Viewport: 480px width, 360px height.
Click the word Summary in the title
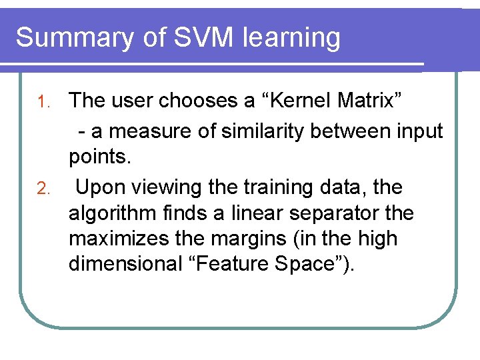coord(74,37)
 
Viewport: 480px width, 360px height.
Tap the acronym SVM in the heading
coord(202,37)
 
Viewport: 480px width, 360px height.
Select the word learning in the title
coord(292,37)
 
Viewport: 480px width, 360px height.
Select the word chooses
coord(199,101)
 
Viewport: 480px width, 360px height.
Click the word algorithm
coord(109,214)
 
